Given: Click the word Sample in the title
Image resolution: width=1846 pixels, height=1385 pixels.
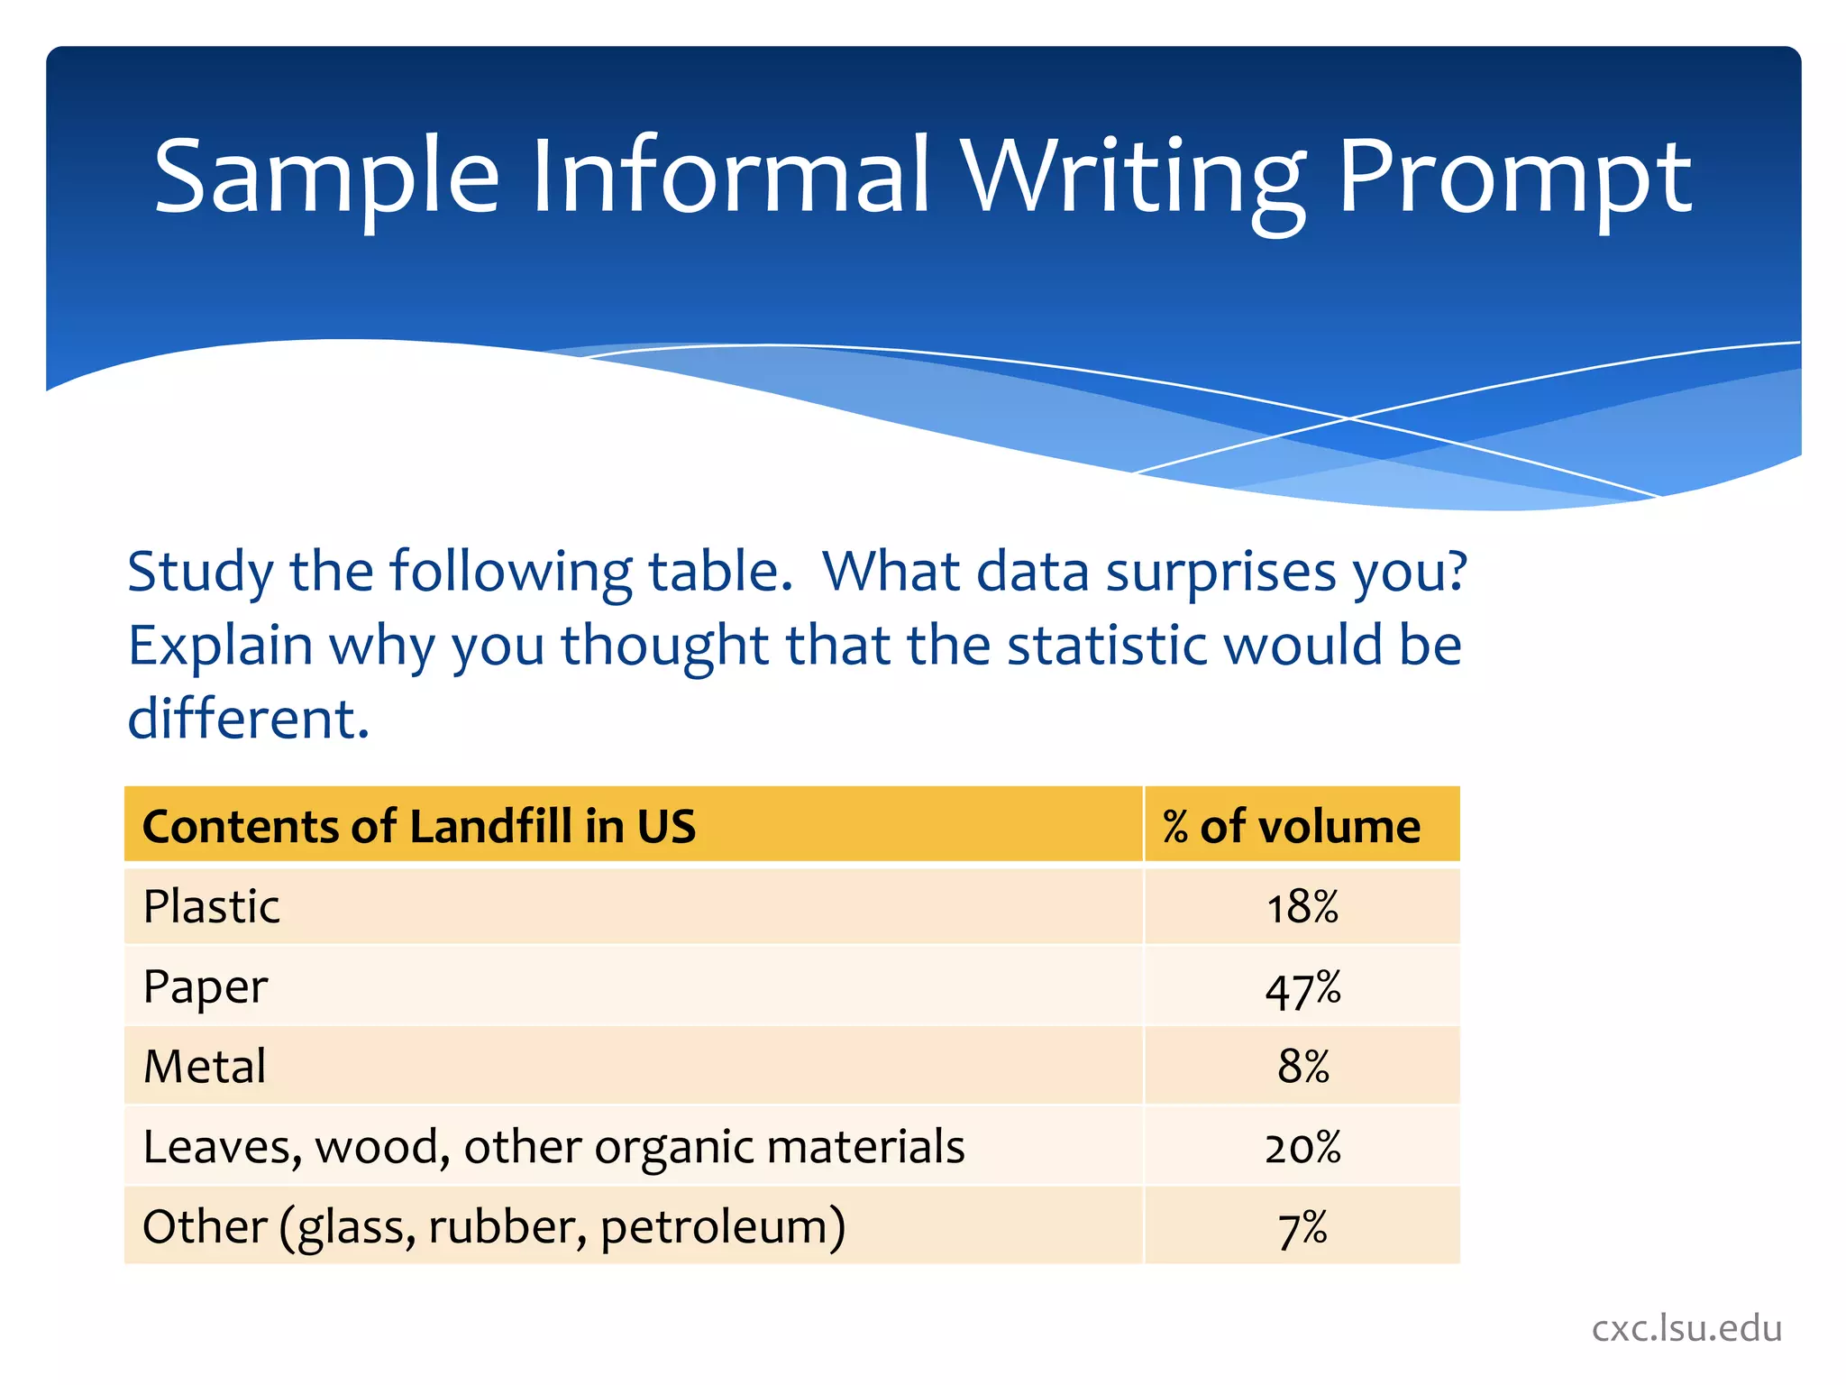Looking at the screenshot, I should [x=326, y=177].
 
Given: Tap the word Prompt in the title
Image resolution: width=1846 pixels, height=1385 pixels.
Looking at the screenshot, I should [x=1514, y=177].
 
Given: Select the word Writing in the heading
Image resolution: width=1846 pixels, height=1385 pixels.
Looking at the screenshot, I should [x=1132, y=177].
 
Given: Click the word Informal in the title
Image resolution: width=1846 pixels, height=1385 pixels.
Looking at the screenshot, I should [x=730, y=177].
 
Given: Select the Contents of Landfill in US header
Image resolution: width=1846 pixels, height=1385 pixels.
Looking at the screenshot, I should [x=419, y=826].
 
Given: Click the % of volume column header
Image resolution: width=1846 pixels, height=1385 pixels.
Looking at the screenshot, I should [x=1291, y=826].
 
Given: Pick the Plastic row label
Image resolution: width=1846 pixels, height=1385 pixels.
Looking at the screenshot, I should [x=212, y=906].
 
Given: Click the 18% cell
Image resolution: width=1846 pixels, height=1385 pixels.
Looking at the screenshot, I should [x=1302, y=907].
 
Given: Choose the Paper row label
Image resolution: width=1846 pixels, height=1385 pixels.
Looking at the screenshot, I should [x=206, y=987].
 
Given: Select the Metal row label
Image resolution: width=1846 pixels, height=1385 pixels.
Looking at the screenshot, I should [x=205, y=1067].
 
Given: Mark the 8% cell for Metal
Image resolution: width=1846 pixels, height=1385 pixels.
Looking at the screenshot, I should [x=1302, y=1067].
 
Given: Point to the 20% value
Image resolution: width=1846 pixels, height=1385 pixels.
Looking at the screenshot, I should [x=1302, y=1148].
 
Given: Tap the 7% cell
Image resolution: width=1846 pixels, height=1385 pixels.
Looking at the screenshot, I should [x=1302, y=1228].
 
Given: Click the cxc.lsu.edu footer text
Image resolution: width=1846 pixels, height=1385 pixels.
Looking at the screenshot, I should [x=1686, y=1328].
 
